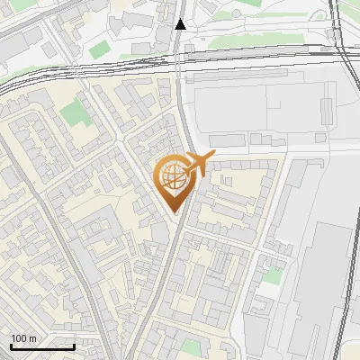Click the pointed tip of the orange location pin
pos(176,211)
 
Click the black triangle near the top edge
pos(181,24)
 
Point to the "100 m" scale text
pos(23,338)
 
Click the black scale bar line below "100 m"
pos(42,346)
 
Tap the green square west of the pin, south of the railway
pos(75,114)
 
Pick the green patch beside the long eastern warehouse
pos(271,274)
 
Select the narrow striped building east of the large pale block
pos(327,111)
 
